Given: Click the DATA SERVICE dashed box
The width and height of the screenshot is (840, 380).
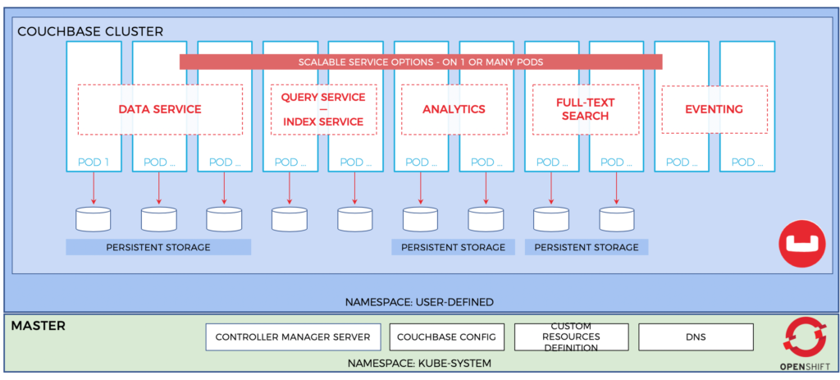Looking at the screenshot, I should tap(160, 109).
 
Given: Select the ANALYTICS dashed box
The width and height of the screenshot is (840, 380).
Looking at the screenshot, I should tap(454, 109).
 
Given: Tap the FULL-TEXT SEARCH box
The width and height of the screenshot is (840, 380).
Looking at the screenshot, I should tap(585, 109).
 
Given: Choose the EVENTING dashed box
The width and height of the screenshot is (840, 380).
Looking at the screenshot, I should tap(714, 109).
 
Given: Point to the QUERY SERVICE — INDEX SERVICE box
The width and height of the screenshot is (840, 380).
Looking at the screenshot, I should tap(323, 109).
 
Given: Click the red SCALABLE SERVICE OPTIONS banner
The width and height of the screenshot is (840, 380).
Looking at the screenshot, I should tap(421, 62).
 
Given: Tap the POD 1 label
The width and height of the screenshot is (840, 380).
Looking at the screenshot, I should tap(94, 163).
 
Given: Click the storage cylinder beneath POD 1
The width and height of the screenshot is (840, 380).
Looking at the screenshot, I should tap(93, 218).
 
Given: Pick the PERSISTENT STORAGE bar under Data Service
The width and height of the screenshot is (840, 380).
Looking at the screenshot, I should tap(158, 247).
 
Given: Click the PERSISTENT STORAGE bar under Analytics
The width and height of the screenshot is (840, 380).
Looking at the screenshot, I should tap(453, 247).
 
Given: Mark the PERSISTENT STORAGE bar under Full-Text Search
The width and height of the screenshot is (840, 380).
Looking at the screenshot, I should tap(587, 247).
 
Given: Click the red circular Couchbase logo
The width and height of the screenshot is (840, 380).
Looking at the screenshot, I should tap(801, 244).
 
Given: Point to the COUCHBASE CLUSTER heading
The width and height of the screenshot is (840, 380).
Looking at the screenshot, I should tap(91, 31).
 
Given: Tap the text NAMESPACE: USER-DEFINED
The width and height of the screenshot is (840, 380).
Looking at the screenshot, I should tap(420, 302).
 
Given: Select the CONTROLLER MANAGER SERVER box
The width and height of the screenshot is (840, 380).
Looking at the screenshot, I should tap(293, 337).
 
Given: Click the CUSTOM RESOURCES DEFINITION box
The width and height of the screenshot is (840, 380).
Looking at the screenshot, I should tap(571, 337).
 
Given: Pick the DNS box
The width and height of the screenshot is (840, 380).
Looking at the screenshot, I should tap(696, 337).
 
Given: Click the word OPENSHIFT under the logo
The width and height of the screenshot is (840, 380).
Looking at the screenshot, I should tap(800, 366).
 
